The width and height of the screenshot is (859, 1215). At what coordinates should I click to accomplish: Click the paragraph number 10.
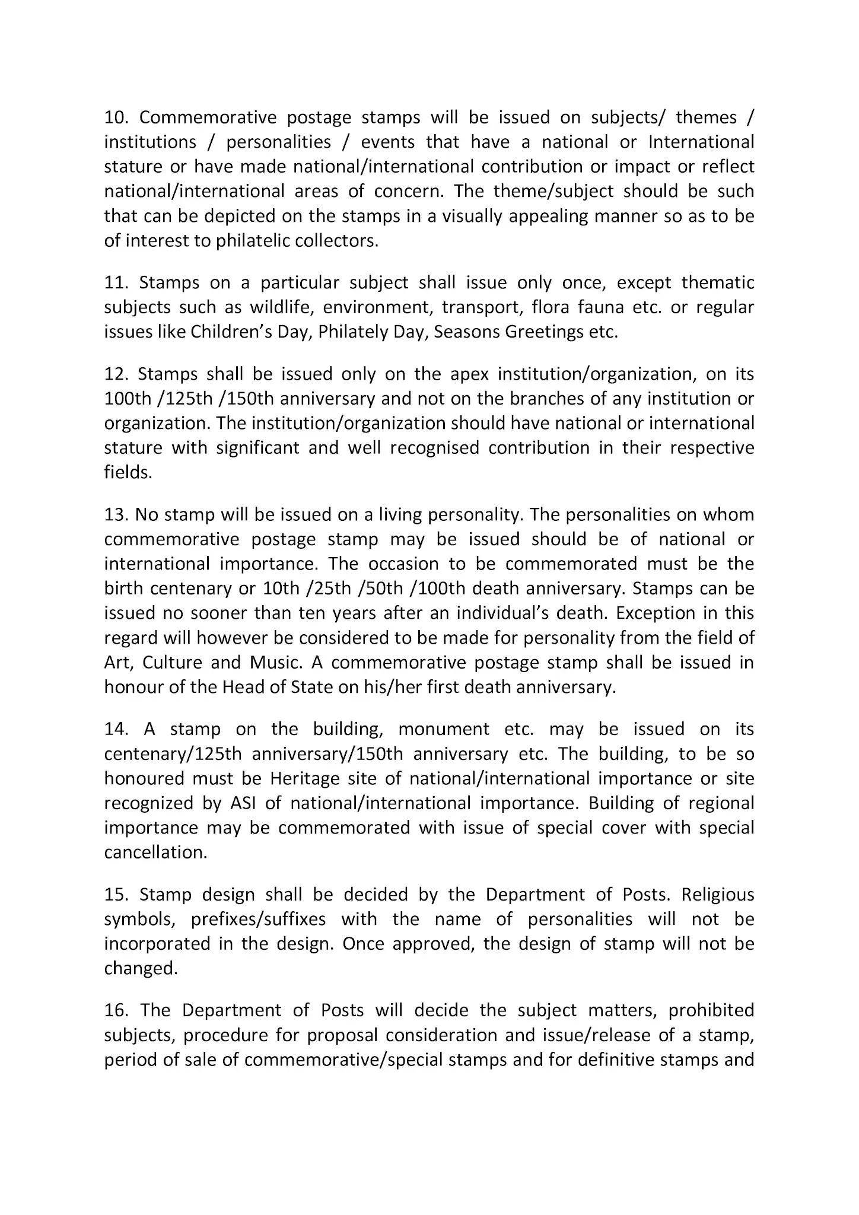point(116,117)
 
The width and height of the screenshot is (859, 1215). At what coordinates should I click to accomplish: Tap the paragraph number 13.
point(116,514)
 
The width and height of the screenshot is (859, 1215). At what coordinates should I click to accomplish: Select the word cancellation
point(155,852)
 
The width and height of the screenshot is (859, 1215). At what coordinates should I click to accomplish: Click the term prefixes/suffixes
point(258,919)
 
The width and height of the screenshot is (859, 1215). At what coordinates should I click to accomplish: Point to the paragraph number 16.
point(116,1010)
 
